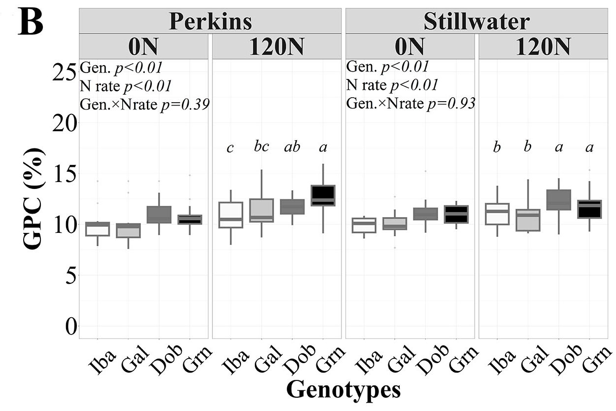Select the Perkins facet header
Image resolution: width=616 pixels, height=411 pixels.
pos(210,21)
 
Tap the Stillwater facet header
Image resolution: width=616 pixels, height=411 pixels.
pos(477,21)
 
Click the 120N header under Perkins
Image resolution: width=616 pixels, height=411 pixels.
pos(276,47)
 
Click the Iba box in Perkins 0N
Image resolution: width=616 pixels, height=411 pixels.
pos(97,229)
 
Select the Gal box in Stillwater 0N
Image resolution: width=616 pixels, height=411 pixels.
pos(395,224)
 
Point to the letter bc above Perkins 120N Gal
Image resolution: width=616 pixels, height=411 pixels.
pos(261,146)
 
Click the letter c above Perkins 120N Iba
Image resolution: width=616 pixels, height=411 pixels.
pos(230,148)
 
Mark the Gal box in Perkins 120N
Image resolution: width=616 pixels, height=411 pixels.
pos(261,210)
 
